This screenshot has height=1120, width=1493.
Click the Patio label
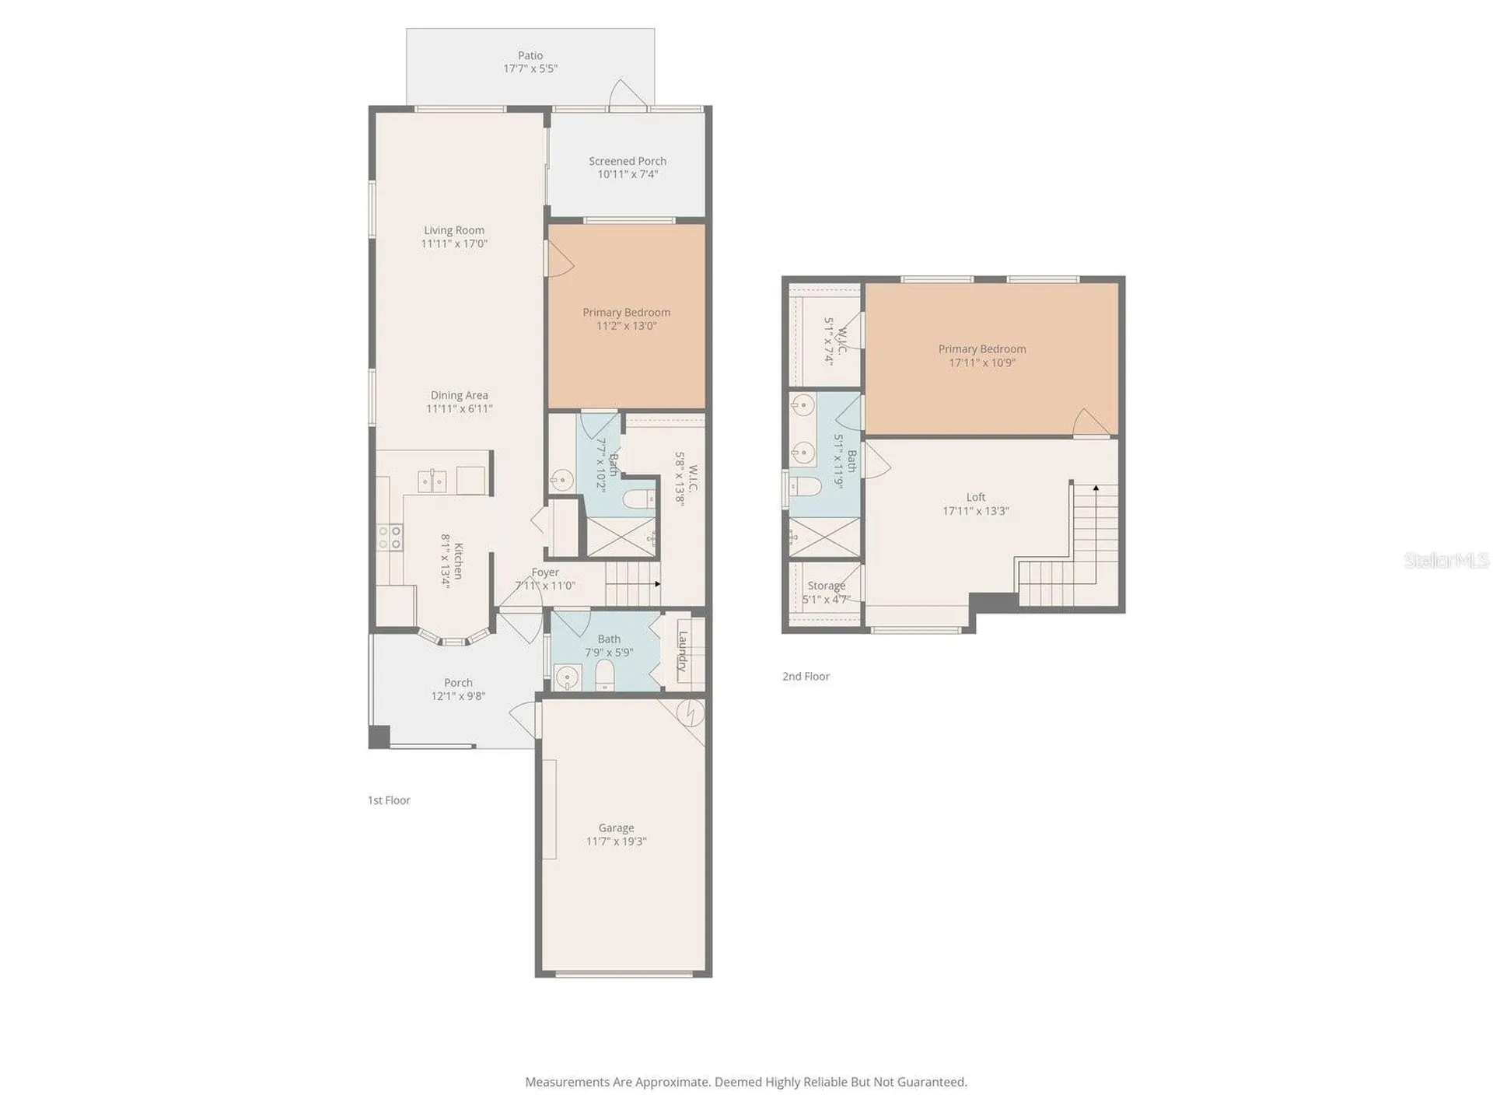530,55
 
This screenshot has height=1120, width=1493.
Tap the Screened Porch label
628,161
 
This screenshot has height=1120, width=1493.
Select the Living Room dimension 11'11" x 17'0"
454,243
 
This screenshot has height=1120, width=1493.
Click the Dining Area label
460,395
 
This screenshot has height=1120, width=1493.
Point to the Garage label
617,828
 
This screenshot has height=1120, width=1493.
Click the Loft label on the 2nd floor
976,497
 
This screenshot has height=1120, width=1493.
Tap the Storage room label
827,586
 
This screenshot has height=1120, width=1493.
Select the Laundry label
683,651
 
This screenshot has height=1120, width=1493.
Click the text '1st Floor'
389,800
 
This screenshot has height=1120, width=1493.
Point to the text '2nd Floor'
806,677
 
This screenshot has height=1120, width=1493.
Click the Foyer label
545,572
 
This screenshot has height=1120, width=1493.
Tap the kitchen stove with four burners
390,537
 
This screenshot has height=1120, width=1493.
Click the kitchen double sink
432,481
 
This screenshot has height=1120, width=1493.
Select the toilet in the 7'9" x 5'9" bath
605,677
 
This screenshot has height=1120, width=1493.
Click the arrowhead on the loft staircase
1096,488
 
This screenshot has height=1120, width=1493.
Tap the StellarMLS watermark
1446,560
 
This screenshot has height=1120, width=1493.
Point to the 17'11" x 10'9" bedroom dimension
982,362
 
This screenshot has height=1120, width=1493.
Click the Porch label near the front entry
459,683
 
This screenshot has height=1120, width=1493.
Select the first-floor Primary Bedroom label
627,313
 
